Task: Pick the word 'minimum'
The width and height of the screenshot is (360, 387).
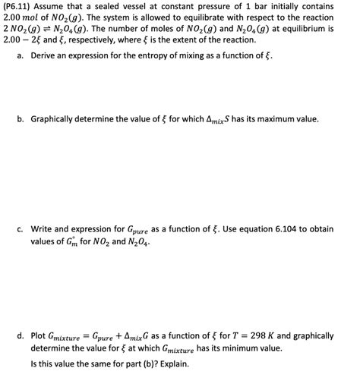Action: (257, 348)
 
